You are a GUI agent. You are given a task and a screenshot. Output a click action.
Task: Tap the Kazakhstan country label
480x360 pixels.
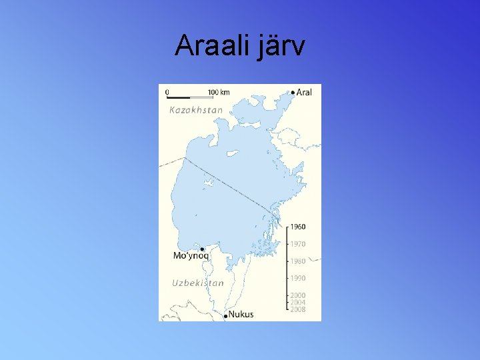point(196,110)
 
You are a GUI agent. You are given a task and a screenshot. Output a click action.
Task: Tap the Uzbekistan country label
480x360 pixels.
point(198,283)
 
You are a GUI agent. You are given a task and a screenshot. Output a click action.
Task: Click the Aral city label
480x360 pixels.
point(304,93)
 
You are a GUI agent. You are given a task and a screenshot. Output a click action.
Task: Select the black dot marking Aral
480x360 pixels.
point(293,93)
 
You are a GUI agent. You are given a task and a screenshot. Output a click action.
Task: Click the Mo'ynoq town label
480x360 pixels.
point(191,256)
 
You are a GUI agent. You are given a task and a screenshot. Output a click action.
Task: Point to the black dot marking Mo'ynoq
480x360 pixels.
point(202,249)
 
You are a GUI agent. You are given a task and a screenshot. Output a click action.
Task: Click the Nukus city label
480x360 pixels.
point(241,314)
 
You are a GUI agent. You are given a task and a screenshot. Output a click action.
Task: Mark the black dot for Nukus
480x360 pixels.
point(226,315)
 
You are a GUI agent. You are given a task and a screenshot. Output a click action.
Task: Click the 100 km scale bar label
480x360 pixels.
point(219,92)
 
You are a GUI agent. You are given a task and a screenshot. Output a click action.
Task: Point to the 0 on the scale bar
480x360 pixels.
point(167,92)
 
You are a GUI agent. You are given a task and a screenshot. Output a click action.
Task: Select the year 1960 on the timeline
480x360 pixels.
point(297,227)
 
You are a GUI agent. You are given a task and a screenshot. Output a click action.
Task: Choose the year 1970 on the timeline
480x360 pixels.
point(297,244)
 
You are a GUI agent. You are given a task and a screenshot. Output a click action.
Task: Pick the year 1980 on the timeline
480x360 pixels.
point(297,261)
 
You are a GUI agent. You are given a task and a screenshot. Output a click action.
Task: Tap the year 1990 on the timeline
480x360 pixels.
point(297,278)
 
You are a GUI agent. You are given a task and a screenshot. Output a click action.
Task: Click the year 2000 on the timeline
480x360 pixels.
point(297,295)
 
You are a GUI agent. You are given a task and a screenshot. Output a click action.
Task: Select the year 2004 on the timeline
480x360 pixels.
point(297,303)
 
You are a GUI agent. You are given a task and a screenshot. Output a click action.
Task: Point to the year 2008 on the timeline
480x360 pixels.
point(297,309)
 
